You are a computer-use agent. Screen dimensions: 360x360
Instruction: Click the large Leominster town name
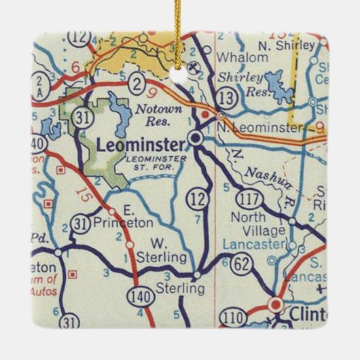point(141,145)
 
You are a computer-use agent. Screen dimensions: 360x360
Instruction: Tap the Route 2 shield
point(138,84)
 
